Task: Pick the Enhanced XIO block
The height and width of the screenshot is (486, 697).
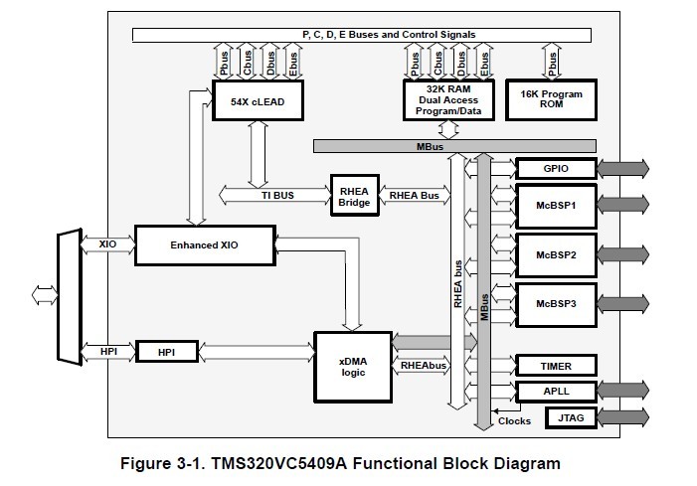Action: click(204, 244)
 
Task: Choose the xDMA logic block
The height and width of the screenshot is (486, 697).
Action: click(353, 359)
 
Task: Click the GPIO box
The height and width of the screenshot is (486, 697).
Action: click(555, 169)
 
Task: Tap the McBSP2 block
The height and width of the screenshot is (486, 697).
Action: click(555, 254)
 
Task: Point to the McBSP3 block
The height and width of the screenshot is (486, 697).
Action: click(555, 303)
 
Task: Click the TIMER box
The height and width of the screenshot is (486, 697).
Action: click(555, 366)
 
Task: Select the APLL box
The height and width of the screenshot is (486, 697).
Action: click(555, 392)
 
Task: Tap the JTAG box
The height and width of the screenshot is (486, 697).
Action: click(555, 418)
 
